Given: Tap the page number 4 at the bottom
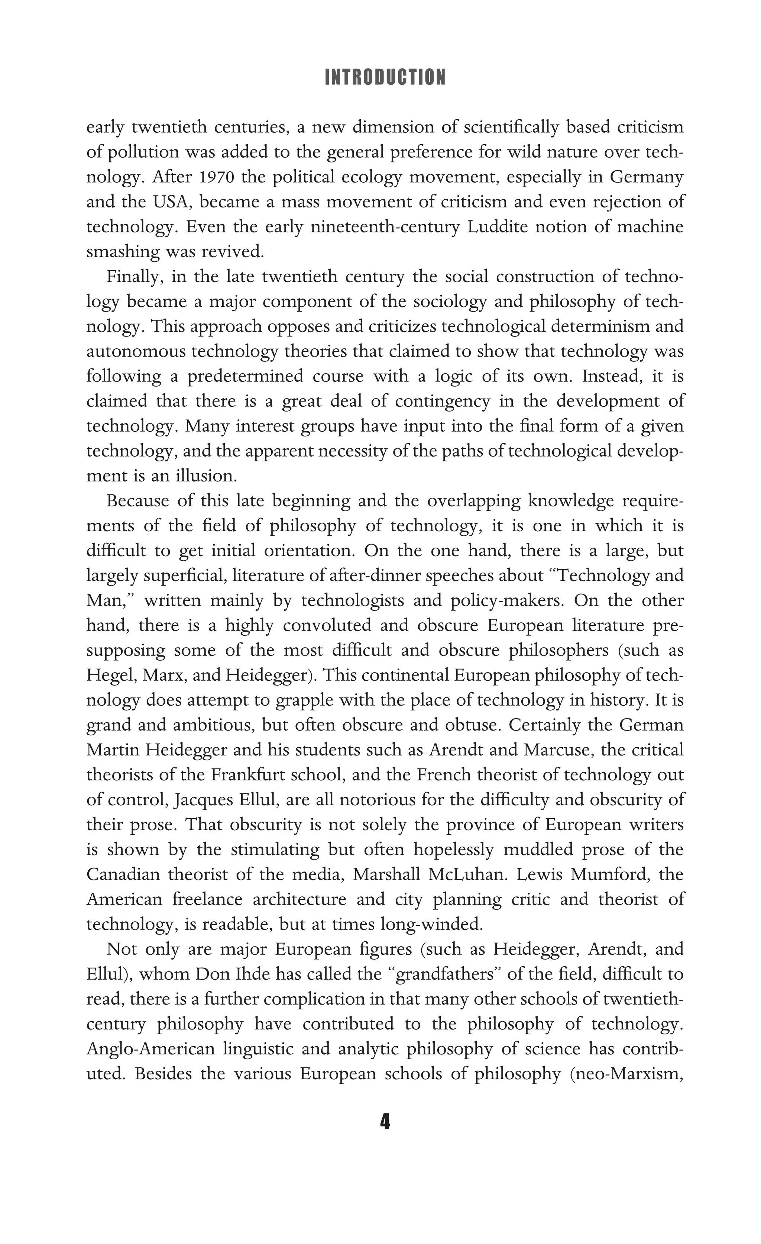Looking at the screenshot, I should pyautogui.click(x=385, y=1121).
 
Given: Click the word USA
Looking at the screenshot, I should pyautogui.click(x=172, y=202).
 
